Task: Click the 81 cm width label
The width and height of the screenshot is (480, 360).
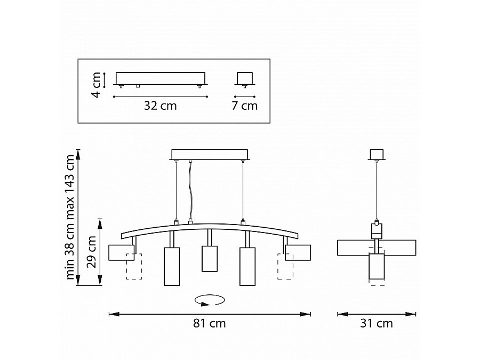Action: coord(210,323)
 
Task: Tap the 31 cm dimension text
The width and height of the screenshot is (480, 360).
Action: coord(376,323)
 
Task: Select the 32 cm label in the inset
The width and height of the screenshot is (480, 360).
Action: coord(161,106)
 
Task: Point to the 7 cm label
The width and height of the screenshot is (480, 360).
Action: coord(245,106)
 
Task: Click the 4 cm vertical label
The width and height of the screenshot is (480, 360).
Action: coord(96,85)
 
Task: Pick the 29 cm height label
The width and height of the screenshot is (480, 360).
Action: coord(91,252)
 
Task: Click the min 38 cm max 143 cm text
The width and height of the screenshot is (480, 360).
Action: coord(70,217)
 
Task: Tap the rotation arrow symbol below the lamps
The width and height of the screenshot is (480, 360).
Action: coord(210,300)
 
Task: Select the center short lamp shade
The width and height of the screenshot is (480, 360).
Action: coord(210,259)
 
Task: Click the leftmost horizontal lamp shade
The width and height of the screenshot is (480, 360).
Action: coord(122,253)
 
